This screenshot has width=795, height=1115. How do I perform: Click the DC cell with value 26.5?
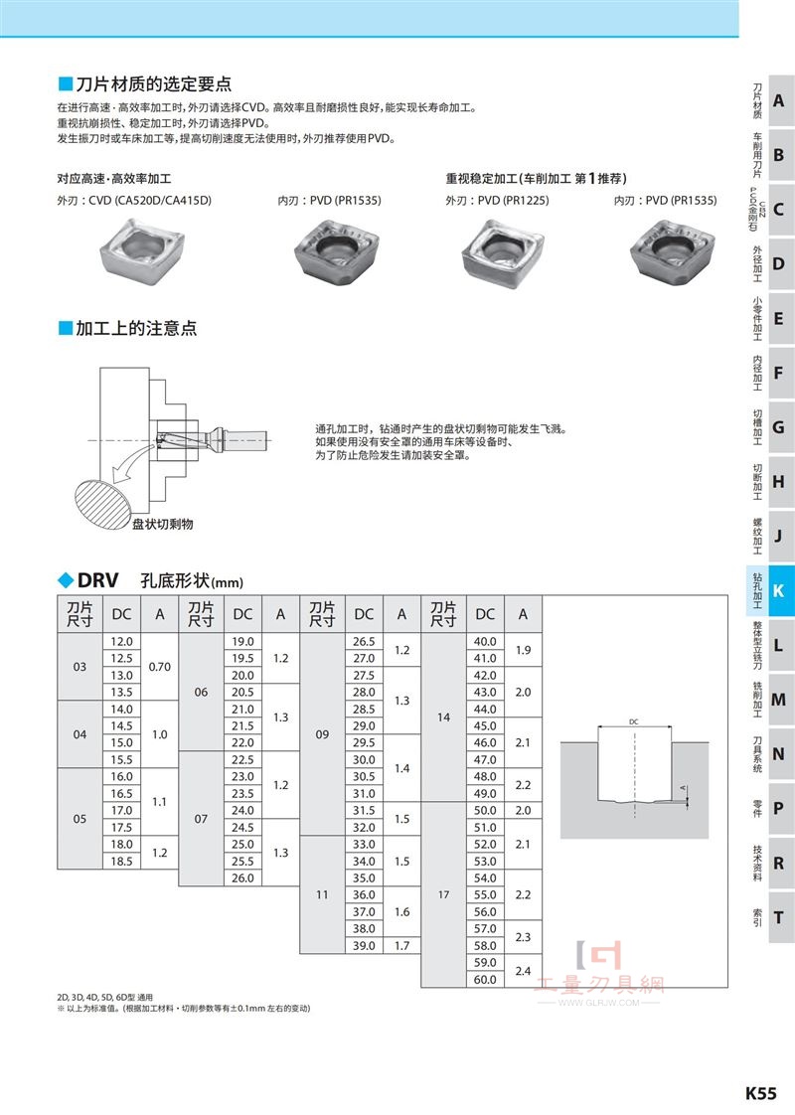[364, 641]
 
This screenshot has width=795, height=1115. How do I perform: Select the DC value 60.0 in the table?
[485, 979]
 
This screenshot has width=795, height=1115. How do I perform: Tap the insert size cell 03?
[79, 667]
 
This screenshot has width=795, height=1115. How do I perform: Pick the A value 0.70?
[159, 667]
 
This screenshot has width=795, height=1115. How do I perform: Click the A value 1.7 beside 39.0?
[401, 946]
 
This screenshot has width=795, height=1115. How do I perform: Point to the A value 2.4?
[523, 971]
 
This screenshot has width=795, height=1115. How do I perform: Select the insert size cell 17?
[444, 894]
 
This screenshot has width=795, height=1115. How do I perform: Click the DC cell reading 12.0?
[121, 641]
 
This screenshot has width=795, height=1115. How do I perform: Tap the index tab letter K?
[778, 589]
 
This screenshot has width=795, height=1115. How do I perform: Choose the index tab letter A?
[779, 101]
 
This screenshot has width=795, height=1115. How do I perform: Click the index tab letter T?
[779, 917]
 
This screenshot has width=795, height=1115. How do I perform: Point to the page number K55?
[761, 1093]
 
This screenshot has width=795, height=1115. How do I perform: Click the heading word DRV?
[97, 580]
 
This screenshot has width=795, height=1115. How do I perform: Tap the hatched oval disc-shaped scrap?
[104, 504]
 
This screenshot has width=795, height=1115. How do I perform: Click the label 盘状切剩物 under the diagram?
[163, 524]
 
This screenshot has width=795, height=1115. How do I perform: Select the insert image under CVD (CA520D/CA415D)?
[141, 248]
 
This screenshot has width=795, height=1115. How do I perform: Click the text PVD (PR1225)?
[514, 201]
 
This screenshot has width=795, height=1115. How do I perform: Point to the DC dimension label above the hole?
[634, 721]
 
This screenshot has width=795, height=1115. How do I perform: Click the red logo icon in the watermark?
[599, 955]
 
